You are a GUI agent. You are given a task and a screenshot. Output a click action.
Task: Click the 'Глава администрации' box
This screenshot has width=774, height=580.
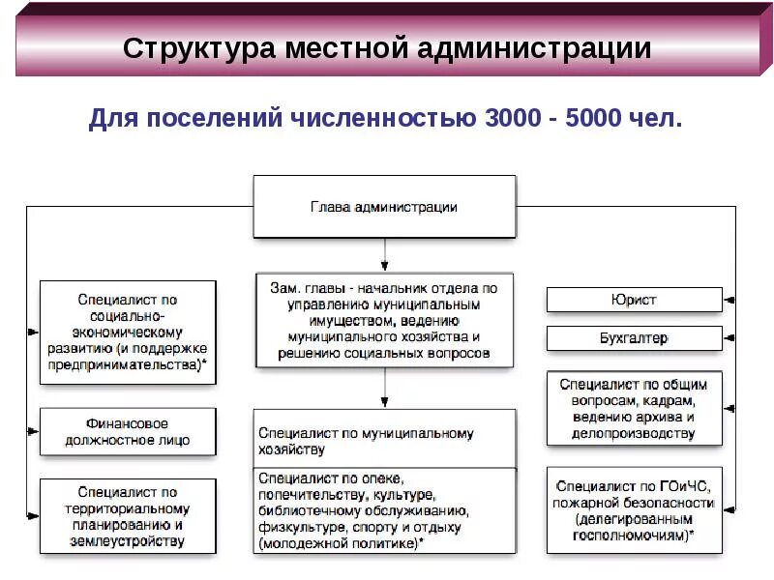[384, 207]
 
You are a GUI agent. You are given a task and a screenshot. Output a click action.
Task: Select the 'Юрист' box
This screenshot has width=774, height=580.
[634, 300]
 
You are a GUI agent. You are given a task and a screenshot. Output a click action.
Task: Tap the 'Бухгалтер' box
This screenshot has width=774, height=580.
[634, 338]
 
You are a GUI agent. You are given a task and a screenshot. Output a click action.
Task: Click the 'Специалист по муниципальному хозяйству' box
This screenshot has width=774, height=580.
[384, 442]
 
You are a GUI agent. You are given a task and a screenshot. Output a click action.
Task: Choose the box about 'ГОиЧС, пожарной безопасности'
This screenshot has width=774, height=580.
[634, 510]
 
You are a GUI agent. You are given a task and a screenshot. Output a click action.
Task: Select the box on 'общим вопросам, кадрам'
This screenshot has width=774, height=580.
[634, 408]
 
